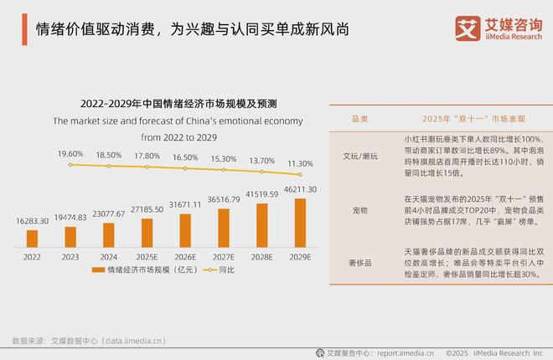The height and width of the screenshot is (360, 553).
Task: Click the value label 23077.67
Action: pos(107,214)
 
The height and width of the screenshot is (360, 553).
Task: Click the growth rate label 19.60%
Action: pos(70,154)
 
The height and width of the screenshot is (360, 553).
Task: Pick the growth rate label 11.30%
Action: pos(299,164)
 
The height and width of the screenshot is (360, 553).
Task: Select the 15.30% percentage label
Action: pos(223,158)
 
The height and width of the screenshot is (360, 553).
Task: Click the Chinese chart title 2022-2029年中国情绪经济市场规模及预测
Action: pos(178,104)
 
